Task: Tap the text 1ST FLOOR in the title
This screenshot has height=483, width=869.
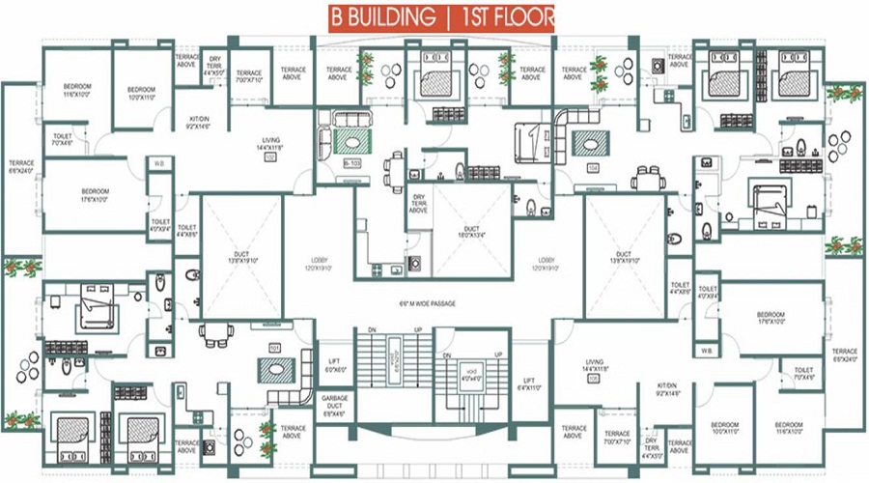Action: (507, 18)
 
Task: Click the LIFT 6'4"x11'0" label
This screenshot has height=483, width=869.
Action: (528, 384)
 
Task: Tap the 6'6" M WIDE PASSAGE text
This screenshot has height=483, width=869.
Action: (428, 304)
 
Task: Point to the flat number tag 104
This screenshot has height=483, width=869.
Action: (593, 166)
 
